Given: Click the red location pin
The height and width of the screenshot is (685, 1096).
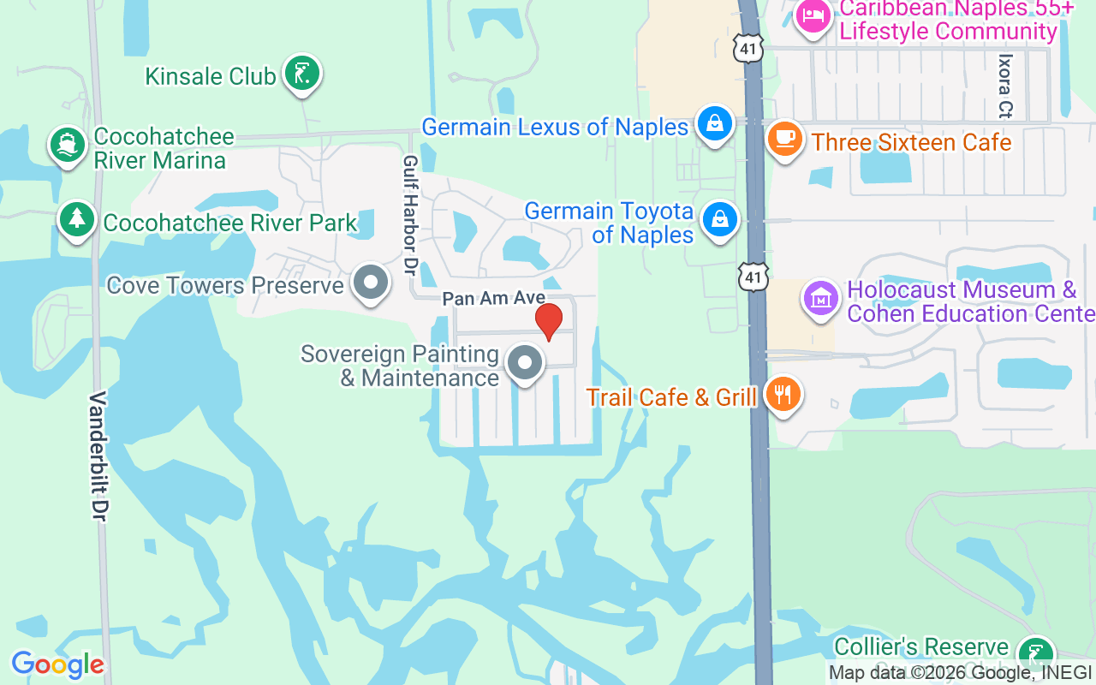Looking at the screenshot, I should tap(549, 321).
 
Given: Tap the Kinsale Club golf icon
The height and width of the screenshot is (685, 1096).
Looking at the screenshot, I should tap(301, 74).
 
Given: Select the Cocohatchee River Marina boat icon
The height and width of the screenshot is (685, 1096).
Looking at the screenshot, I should tap(66, 145).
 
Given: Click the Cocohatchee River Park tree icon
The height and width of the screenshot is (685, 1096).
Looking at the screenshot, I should tap(77, 218).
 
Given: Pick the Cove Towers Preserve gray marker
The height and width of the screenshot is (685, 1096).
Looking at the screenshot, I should tap(371, 283).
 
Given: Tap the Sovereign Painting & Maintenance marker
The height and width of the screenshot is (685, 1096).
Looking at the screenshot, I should tap(525, 363).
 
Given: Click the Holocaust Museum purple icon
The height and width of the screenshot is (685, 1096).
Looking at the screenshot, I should tap(821, 299).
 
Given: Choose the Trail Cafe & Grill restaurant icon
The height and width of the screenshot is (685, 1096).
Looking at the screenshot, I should tap(782, 394).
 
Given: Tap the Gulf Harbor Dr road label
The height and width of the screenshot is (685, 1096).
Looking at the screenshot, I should tap(410, 215).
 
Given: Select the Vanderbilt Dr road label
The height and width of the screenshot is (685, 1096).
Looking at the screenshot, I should tap(98, 456).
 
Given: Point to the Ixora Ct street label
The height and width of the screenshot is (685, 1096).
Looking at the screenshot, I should tap(1005, 86).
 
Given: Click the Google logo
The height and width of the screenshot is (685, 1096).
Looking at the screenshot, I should tap(57, 664).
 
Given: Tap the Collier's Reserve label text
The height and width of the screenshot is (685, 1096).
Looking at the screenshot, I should tap(921, 646).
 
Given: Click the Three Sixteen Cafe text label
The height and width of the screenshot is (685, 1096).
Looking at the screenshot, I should tap(911, 141).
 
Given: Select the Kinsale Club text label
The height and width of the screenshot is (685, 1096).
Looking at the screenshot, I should tap(211, 76).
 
